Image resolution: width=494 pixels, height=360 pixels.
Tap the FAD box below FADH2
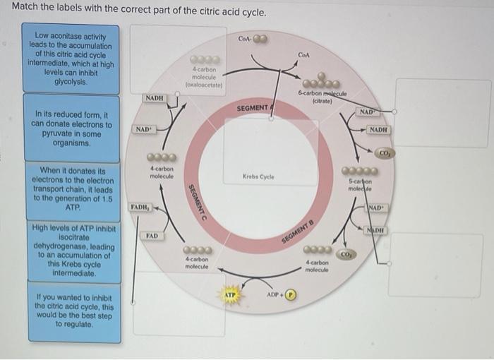click(x=152, y=235)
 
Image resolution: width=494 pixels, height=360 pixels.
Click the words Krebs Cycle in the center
click(x=258, y=176)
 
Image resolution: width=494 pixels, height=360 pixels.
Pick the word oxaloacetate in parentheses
click(x=204, y=83)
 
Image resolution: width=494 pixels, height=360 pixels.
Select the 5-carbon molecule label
click(x=360, y=185)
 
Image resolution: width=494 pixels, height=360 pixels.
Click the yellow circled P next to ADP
click(x=289, y=294)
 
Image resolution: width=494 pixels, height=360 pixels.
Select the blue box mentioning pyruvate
click(x=71, y=128)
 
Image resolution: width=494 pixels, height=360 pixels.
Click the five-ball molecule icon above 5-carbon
click(x=361, y=170)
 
